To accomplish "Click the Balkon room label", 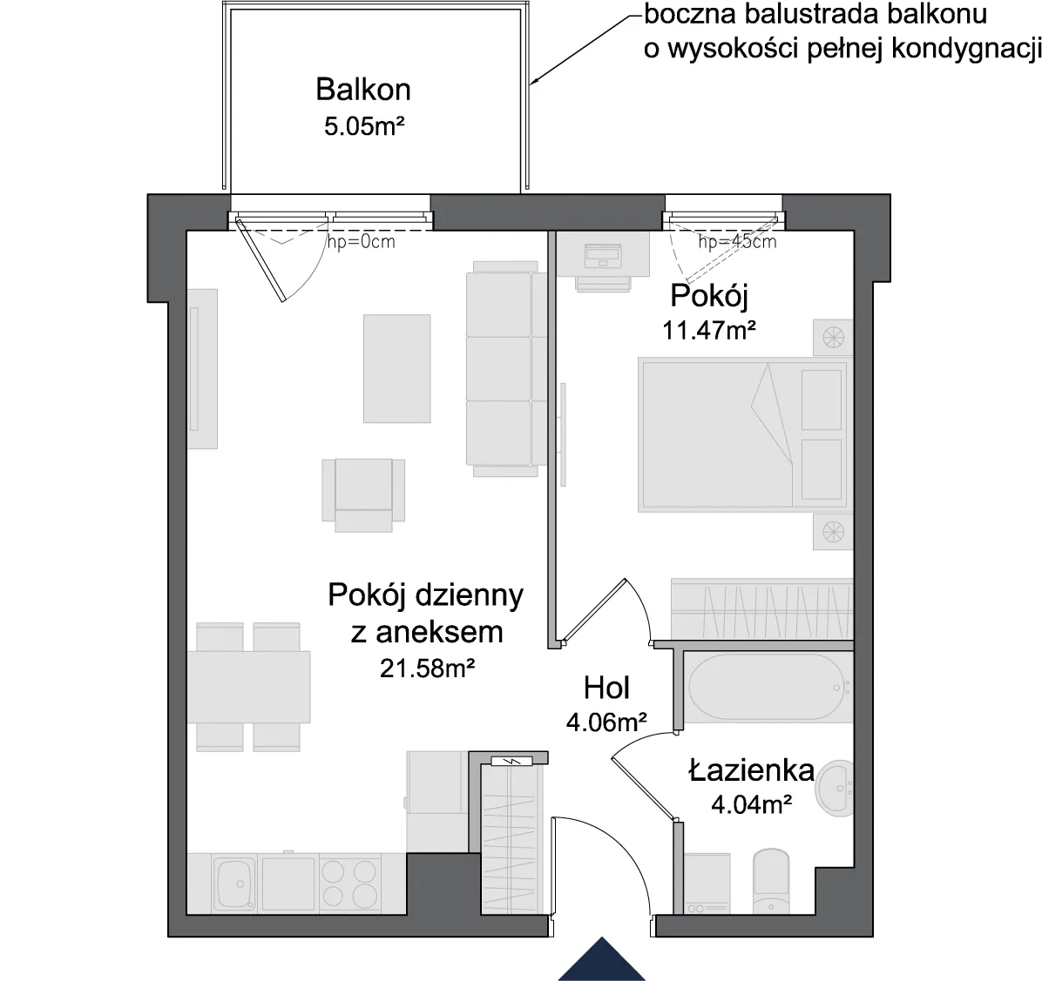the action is point(362,90).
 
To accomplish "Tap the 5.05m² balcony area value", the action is point(364,125).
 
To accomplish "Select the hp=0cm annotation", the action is point(361,242).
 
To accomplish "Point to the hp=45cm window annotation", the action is point(737,242).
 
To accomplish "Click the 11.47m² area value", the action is point(709,330).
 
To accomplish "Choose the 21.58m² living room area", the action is point(427,668).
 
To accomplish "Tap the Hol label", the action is point(606,689).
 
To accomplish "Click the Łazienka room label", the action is point(751,770).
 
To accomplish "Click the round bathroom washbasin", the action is point(836,789).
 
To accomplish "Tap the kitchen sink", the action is point(233,884).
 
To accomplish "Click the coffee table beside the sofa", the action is point(396,368).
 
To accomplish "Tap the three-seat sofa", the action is point(501,368).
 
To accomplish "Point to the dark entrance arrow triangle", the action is point(601,960).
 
